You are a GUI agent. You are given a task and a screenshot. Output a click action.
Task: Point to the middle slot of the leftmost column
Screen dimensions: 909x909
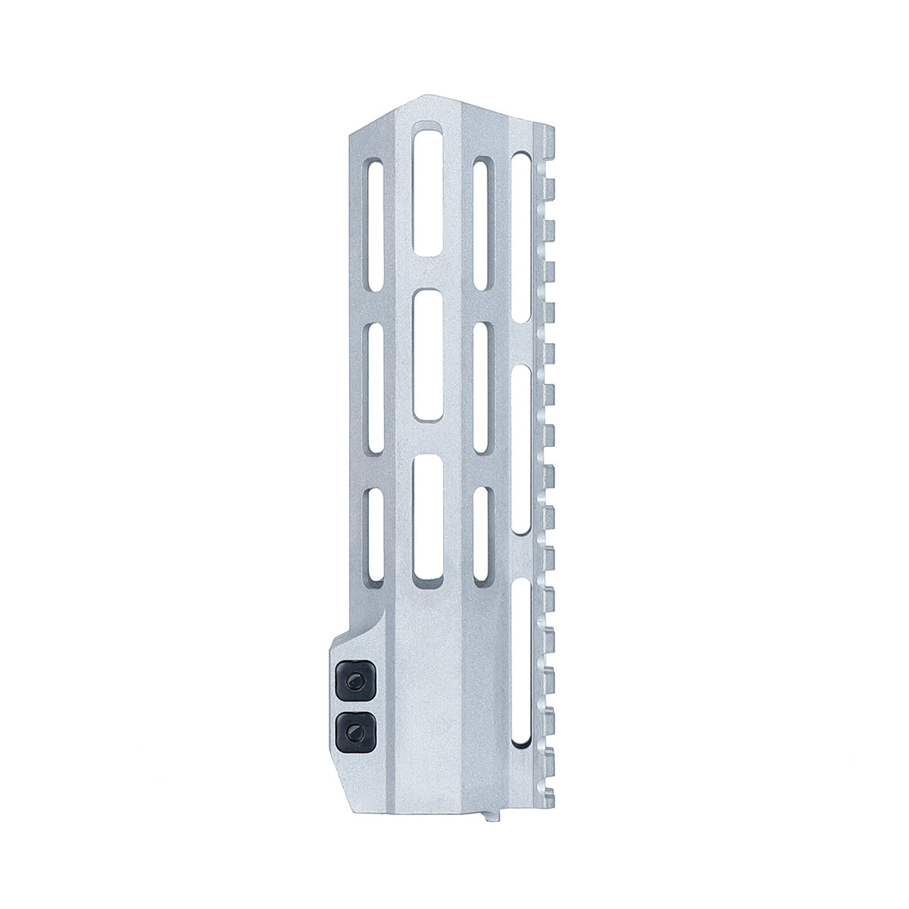(373, 388)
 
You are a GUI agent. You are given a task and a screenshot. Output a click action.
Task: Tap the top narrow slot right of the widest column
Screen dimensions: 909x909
(480, 223)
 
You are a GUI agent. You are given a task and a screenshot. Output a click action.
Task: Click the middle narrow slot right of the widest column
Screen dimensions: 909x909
(480, 388)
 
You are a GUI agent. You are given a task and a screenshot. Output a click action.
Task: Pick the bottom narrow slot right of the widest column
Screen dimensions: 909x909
(480, 534)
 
